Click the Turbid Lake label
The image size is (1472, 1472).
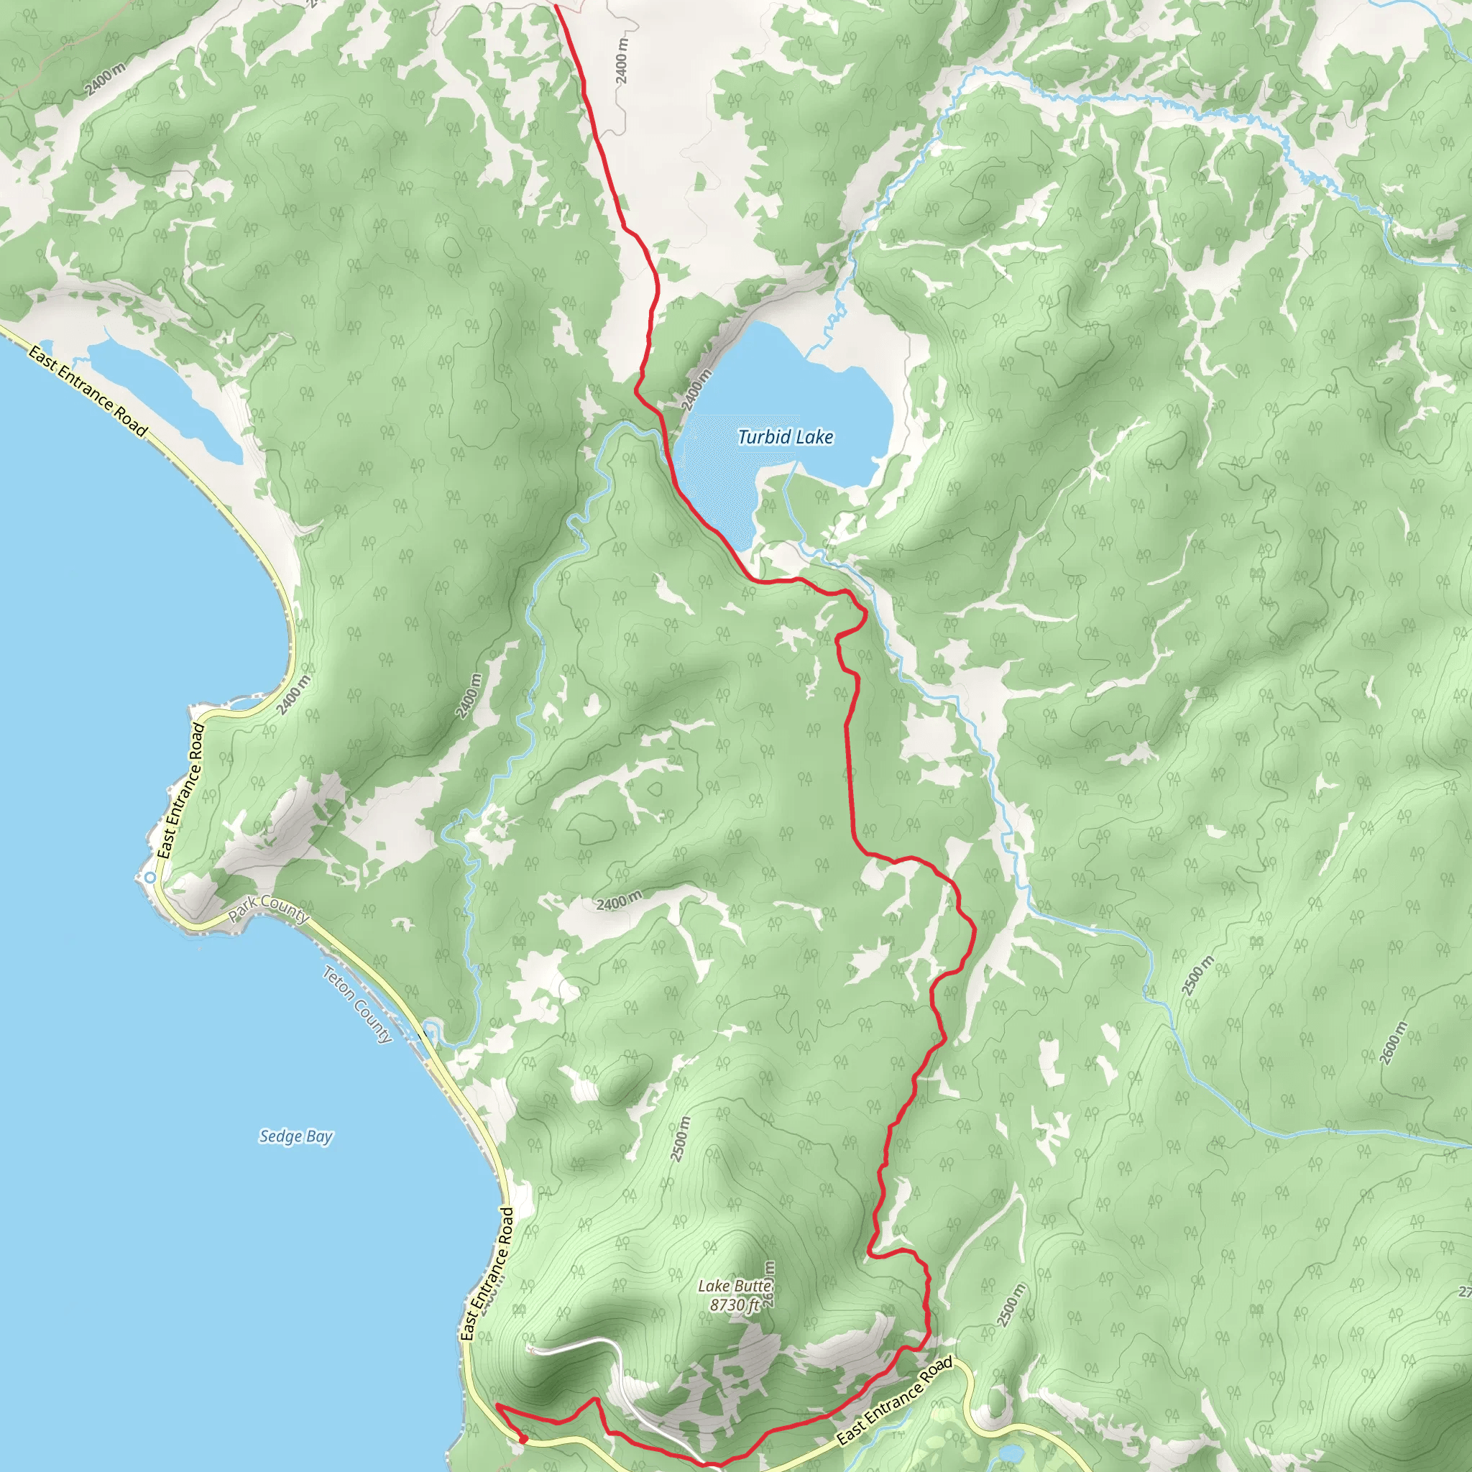[x=785, y=437]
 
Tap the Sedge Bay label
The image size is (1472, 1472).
[x=295, y=1137]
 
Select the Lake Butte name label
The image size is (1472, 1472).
[x=735, y=1286]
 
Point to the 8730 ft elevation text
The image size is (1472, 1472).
[x=735, y=1305]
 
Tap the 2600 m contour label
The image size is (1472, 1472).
[x=1392, y=1043]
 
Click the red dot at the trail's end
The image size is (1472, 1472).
[x=523, y=1438]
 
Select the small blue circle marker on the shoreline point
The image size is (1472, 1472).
[x=150, y=878]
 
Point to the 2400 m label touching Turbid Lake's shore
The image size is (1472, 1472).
[x=696, y=390]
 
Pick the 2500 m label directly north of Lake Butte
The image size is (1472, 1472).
[x=681, y=1138]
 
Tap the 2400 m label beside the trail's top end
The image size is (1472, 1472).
[x=622, y=60]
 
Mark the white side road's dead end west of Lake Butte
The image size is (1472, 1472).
[x=531, y=1349]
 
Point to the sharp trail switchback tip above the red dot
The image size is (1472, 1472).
[x=497, y=1404]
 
